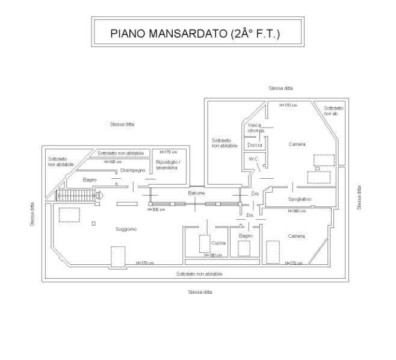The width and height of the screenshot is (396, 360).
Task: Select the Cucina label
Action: click(218, 243)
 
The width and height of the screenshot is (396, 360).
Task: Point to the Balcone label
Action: click(196, 193)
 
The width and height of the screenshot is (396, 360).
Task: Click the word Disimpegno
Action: click(133, 170)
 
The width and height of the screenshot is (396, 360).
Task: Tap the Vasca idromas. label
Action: click(255, 127)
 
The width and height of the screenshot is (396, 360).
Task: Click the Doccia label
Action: click(255, 145)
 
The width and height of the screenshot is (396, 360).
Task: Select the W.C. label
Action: click(253, 159)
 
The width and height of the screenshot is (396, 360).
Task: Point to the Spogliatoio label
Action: click(299, 199)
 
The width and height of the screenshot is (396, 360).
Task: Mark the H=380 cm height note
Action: click(297, 211)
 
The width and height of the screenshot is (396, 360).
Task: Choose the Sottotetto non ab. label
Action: click(333, 111)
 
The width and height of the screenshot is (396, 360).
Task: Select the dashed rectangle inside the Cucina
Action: click(205, 244)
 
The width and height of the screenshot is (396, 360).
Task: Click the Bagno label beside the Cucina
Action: click(246, 236)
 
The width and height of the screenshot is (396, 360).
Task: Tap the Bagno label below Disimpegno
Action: click(90, 180)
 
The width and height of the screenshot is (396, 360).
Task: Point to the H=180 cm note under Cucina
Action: click(214, 255)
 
